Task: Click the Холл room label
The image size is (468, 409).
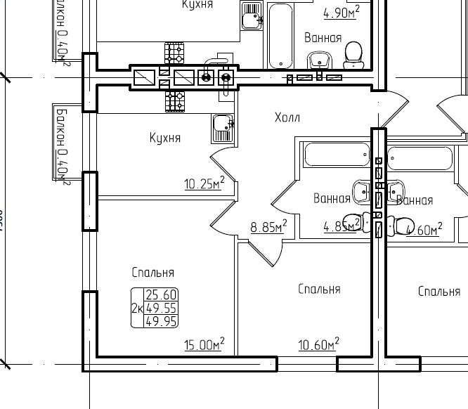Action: pyautogui.click(x=287, y=117)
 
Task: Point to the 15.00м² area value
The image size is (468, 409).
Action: pyautogui.click(x=204, y=344)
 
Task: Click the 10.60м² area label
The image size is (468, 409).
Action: pyautogui.click(x=318, y=344)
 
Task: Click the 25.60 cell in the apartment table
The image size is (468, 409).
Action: pyautogui.click(x=161, y=295)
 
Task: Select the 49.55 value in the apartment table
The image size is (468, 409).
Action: pyautogui.click(x=161, y=308)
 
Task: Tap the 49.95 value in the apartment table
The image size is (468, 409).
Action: pyautogui.click(x=161, y=321)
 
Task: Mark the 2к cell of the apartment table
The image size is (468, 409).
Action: pyautogui.click(x=137, y=308)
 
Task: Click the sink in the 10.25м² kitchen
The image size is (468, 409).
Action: pyautogui.click(x=223, y=128)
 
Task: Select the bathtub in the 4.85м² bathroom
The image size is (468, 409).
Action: pyautogui.click(x=335, y=155)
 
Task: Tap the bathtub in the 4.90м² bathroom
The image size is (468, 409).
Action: pyautogui.click(x=282, y=35)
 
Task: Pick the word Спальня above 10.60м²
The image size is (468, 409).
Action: pyautogui.click(x=319, y=289)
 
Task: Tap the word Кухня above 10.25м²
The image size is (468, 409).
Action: pyautogui.click(x=165, y=138)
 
